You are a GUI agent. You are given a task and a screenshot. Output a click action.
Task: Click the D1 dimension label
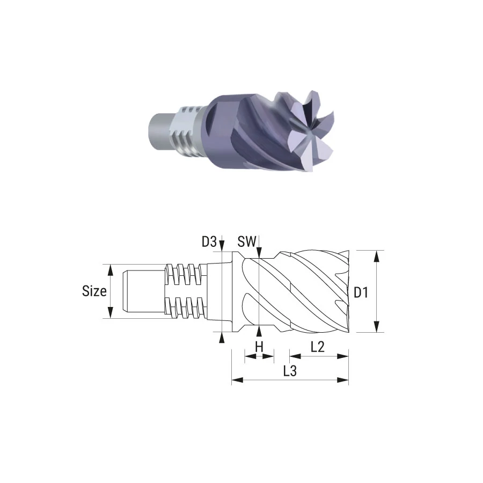click(x=361, y=292)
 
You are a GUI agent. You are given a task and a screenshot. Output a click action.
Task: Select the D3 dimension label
click(x=209, y=242)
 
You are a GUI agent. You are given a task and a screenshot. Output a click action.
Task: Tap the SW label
click(x=247, y=242)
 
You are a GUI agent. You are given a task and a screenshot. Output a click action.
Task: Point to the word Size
click(x=94, y=291)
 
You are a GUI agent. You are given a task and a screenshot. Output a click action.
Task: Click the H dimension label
click(x=259, y=347)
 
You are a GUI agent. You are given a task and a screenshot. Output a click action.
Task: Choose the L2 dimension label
click(x=318, y=347)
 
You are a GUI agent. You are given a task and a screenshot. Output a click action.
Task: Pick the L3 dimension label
click(x=290, y=371)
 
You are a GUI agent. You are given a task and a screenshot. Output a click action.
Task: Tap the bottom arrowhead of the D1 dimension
click(x=376, y=326)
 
